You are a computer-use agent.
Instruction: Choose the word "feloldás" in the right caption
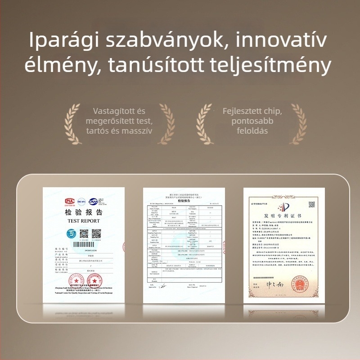point(252,130)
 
